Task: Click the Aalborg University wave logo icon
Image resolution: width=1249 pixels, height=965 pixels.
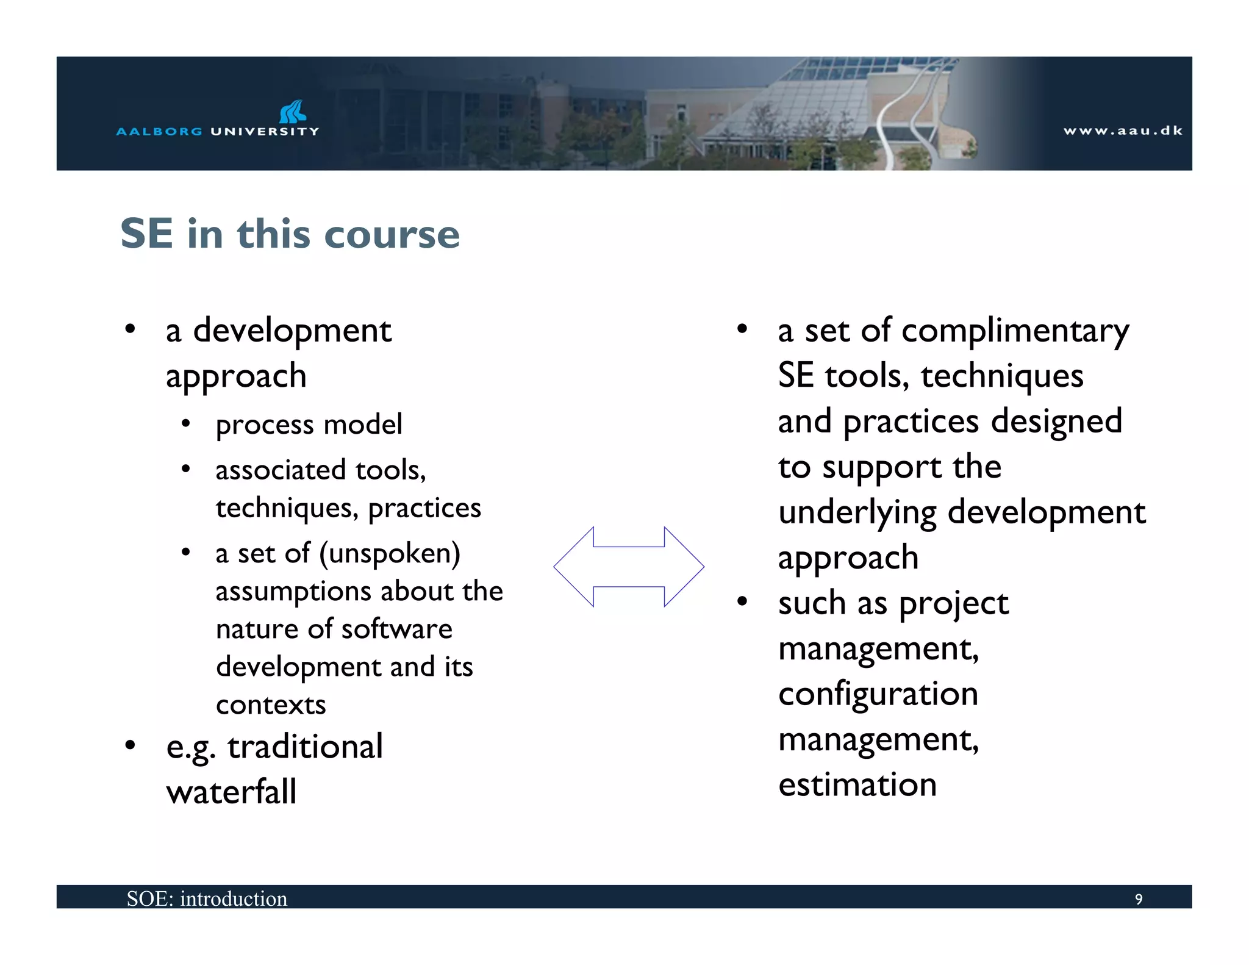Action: [x=293, y=112]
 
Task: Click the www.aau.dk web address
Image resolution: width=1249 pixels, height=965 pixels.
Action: [x=1122, y=131]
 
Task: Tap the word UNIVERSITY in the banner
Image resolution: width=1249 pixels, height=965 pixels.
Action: [x=265, y=131]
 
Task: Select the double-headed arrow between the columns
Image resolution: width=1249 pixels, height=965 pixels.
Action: [x=628, y=567]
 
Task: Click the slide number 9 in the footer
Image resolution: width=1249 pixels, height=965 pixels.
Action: [x=1138, y=899]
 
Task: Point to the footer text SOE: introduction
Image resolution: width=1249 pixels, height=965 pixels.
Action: [x=207, y=899]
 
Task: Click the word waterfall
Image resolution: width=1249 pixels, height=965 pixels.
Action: [x=231, y=792]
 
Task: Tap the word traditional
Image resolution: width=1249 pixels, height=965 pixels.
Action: [x=305, y=747]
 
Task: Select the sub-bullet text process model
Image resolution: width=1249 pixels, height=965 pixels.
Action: [x=309, y=425]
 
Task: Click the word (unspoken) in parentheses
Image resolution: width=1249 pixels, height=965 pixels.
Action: [x=390, y=554]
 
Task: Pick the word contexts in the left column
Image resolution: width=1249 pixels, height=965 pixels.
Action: [x=271, y=705]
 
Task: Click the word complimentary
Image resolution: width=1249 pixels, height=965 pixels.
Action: [x=1015, y=332]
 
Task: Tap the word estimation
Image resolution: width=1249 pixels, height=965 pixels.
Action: [x=857, y=785]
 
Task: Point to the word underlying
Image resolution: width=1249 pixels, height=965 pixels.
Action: [x=856, y=513]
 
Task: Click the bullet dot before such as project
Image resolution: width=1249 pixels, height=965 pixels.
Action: [x=742, y=602]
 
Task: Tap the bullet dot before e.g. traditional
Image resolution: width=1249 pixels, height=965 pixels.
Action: [x=130, y=745]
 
